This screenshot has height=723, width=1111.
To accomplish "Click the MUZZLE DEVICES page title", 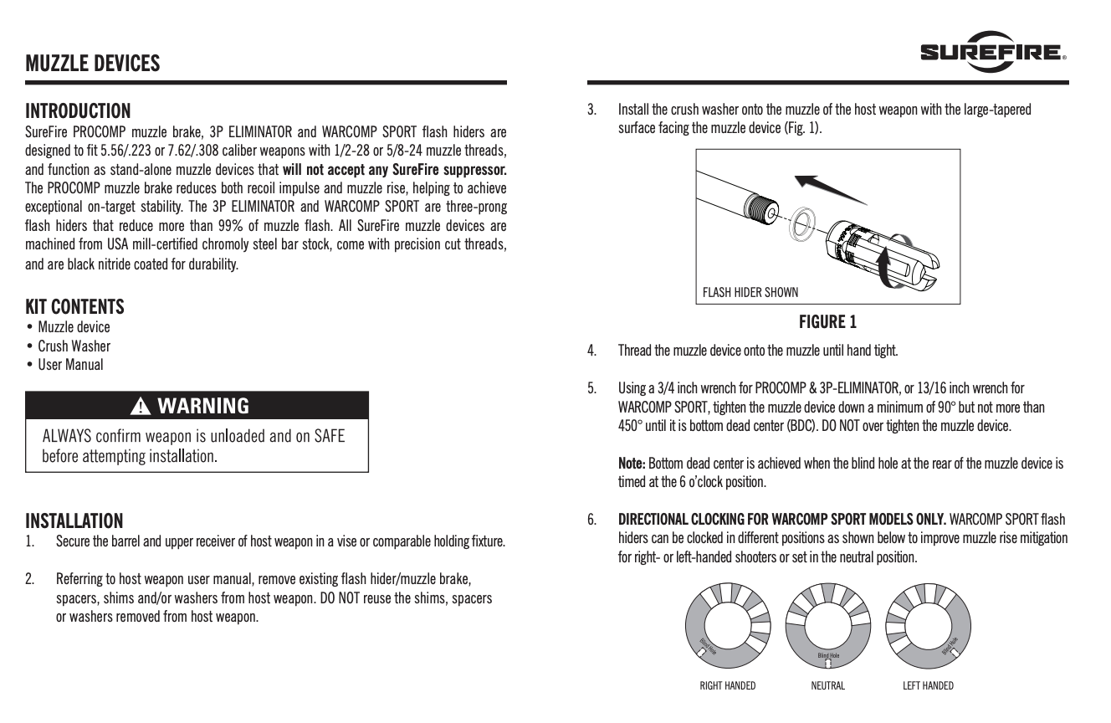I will coord(92,63).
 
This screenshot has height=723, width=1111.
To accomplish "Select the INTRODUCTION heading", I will coord(78,110).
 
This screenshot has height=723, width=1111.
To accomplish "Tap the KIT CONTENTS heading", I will coord(74,305).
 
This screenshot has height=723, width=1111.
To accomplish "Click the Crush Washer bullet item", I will coord(74,346).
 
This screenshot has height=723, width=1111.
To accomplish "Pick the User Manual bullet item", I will coord(70,364).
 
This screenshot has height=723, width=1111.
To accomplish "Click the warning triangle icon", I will coord(140,407).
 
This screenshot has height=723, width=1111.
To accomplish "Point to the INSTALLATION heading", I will coord(74,520).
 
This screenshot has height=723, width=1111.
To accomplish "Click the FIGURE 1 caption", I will coord(827,321).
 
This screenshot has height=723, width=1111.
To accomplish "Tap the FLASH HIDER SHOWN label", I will coord(750,292).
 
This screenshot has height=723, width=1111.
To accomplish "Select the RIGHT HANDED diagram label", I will coord(727,686).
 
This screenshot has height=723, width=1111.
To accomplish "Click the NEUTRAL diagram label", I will coord(827,686).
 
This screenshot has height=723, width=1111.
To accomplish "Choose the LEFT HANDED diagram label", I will coord(928,686).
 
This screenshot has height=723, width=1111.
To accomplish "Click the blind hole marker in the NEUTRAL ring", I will coord(828,662).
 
